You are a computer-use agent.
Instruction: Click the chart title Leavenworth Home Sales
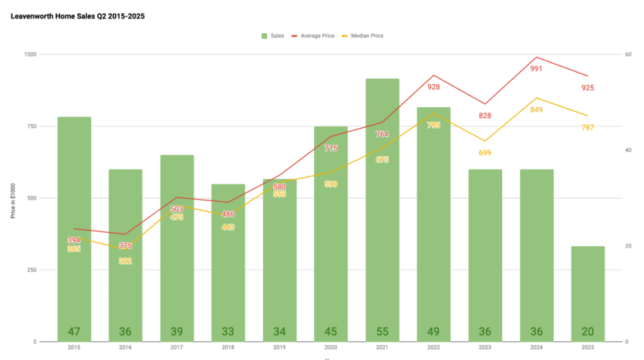[78, 15]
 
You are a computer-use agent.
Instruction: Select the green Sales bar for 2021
[382, 208]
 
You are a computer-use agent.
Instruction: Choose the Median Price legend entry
[367, 35]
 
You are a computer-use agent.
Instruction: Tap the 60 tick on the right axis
[629, 55]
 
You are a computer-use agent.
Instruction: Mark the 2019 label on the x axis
[279, 348]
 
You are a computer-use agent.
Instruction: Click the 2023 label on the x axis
[485, 348]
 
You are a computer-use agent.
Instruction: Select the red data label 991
[536, 69]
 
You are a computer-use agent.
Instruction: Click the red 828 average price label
[485, 116]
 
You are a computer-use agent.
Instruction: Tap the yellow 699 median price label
[485, 153]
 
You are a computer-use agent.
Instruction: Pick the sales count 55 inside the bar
[382, 331]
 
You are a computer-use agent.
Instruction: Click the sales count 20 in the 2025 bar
[588, 331]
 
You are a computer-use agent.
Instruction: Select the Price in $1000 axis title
[12, 198]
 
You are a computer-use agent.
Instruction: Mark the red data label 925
[588, 88]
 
